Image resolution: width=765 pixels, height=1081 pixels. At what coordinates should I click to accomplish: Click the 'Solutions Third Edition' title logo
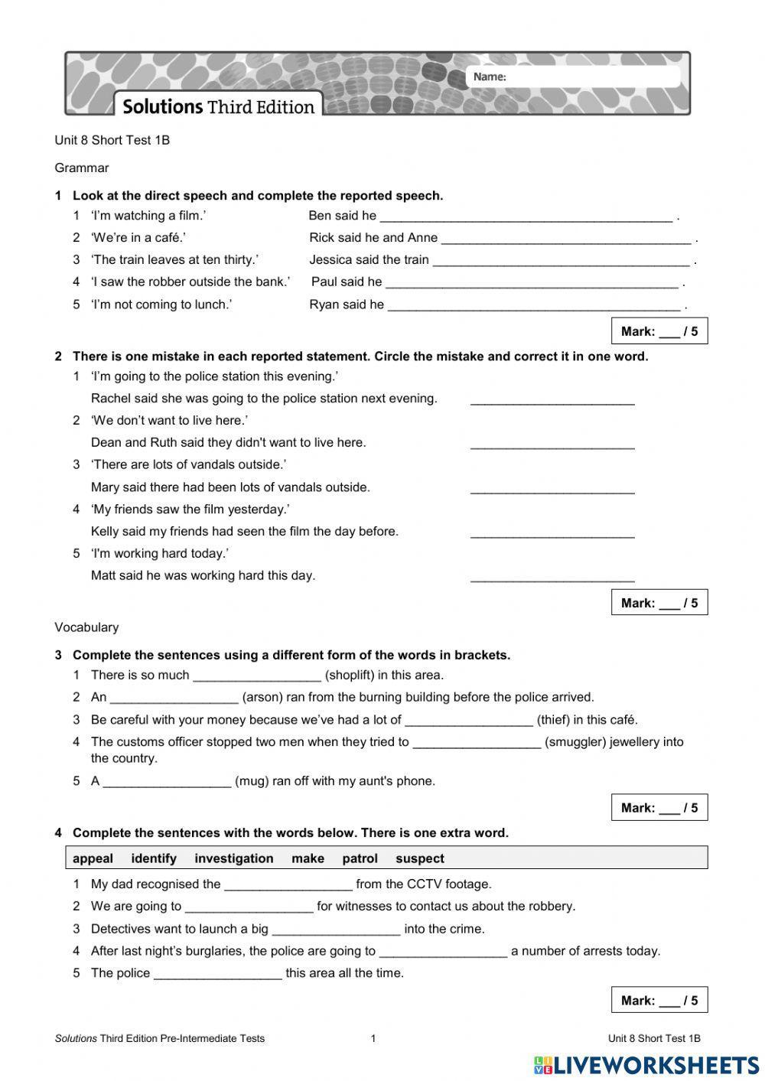click(x=219, y=106)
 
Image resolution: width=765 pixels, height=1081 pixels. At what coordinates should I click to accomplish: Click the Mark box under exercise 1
click(x=659, y=331)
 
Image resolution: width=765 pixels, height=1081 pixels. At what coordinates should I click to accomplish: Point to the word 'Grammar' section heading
click(x=82, y=168)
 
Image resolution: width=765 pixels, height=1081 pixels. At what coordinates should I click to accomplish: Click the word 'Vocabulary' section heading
click(x=86, y=627)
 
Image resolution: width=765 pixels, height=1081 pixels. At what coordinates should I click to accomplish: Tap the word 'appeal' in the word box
click(x=93, y=858)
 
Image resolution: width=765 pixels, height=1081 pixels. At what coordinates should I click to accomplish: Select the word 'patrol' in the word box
click(x=360, y=858)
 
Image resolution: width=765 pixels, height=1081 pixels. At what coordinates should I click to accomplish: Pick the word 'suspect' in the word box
click(x=419, y=858)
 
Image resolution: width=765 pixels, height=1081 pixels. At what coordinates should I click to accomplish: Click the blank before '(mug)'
click(x=167, y=782)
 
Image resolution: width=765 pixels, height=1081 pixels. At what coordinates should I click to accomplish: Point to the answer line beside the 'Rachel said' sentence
click(x=552, y=399)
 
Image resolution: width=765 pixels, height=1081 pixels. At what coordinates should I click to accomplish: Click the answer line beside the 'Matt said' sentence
click(x=552, y=577)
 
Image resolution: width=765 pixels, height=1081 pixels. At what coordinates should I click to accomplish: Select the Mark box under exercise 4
click(x=659, y=1000)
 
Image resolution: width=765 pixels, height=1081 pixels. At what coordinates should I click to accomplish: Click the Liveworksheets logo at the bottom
click(x=646, y=1065)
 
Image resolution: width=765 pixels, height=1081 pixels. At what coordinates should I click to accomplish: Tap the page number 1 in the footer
click(x=373, y=1038)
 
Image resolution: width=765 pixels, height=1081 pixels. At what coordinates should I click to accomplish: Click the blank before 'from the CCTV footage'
click(x=288, y=885)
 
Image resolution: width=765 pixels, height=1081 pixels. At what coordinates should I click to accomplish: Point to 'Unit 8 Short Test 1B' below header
click(x=112, y=140)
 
